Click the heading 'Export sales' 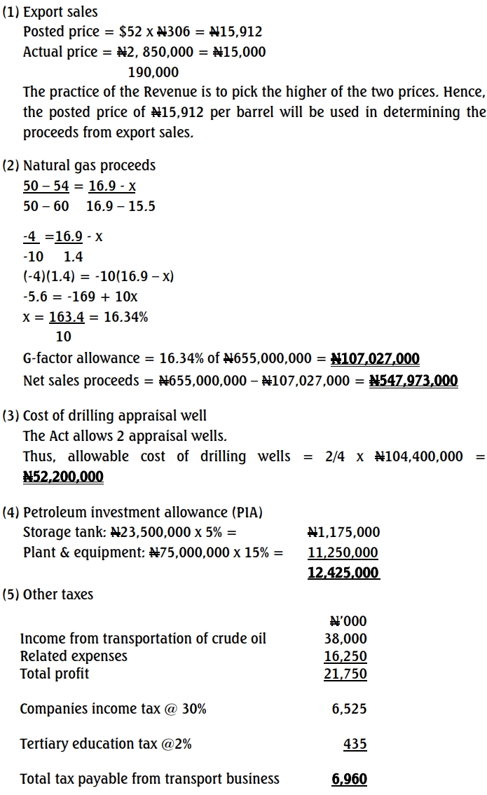tap(60, 12)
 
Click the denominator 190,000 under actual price tap(153, 72)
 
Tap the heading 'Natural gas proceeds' tap(89, 165)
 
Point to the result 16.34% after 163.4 tap(126, 317)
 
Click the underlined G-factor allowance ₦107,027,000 tap(375, 359)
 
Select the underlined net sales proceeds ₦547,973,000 tap(413, 381)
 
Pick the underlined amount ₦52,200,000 tap(63, 477)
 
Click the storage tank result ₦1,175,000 tap(344, 532)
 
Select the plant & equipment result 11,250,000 tap(343, 552)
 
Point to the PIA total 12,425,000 tap(343, 573)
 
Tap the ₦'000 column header tap(348, 621)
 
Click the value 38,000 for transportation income tap(345, 639)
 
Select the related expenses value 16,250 tap(345, 656)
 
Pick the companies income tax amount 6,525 tap(349, 709)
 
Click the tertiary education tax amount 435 tap(355, 744)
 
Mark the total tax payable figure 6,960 tap(349, 779)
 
